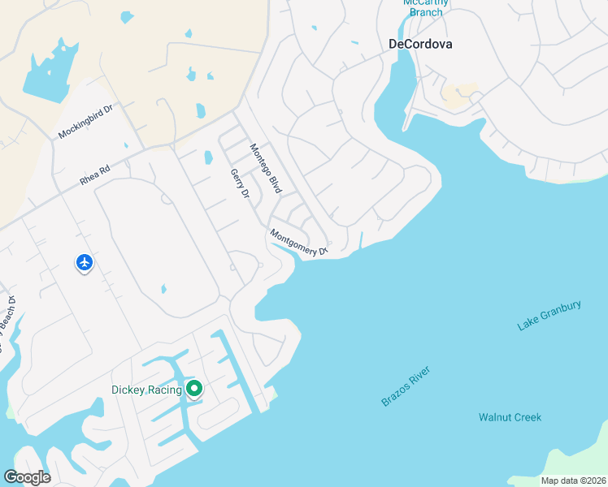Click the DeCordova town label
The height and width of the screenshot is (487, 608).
[420, 44]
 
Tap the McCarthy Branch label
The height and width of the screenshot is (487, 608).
[426, 6]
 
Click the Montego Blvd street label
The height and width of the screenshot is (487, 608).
[266, 168]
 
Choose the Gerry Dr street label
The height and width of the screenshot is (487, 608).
[239, 183]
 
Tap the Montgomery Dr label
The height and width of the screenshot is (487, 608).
[298, 243]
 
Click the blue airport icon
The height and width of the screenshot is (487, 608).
[85, 262]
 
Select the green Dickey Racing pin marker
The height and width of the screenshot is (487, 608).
[193, 389]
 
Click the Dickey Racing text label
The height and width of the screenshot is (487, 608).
[146, 390]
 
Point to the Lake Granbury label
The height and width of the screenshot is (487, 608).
[549, 316]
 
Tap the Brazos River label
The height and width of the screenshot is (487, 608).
[405, 386]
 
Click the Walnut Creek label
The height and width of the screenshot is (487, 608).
[510, 417]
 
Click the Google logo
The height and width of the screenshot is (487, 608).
[27, 476]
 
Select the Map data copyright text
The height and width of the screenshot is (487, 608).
[572, 481]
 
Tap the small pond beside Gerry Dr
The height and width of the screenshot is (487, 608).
[208, 157]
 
